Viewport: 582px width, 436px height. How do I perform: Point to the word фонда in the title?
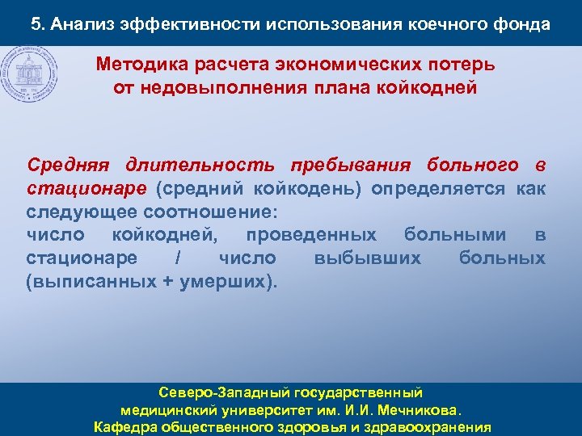click(x=521, y=24)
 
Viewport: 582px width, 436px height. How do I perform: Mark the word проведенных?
click(x=311, y=236)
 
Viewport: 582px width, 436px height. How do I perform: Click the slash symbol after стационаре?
click(x=177, y=259)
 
